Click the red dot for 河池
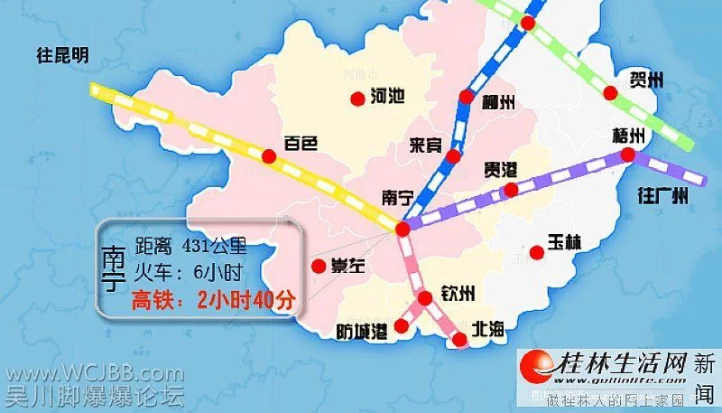(x=356, y=99)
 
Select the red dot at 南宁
(x=403, y=230)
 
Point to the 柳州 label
(x=497, y=102)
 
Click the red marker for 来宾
(x=453, y=156)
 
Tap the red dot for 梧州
(x=627, y=156)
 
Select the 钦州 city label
(x=458, y=295)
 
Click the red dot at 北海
(x=460, y=340)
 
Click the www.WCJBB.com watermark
(x=92, y=372)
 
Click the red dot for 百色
(x=268, y=156)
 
